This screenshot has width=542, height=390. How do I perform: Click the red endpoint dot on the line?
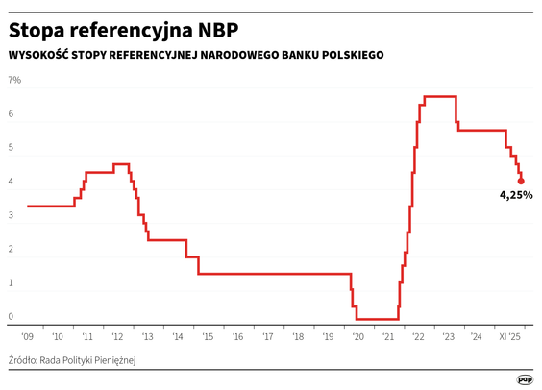[x=521, y=180]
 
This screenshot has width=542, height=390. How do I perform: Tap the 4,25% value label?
[x=515, y=195]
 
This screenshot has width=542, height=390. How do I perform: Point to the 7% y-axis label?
[x=15, y=80]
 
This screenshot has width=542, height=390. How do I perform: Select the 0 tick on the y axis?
[x=12, y=317]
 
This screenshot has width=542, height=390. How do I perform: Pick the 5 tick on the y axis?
[x=12, y=148]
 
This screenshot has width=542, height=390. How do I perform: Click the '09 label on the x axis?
[x=27, y=338]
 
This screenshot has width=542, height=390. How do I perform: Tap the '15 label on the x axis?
[x=207, y=338]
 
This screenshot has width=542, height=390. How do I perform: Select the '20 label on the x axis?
[x=357, y=338]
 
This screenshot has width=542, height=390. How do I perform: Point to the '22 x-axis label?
[x=418, y=338]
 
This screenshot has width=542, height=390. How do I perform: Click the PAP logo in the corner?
[x=525, y=378]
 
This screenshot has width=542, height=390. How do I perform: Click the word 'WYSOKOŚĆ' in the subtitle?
[x=38, y=55]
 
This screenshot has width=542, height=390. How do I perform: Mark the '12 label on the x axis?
[x=117, y=338]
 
